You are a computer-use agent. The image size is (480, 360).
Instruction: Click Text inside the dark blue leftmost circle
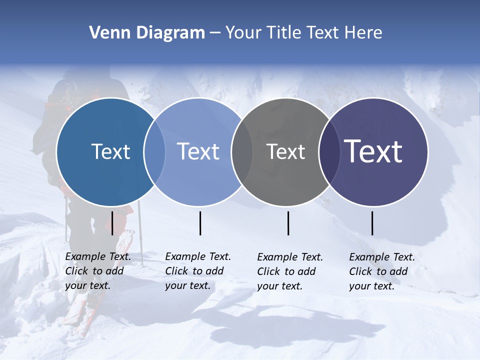[x=110, y=151]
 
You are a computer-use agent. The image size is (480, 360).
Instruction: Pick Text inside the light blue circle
[x=198, y=151]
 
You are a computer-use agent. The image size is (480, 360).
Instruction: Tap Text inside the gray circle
[x=285, y=152]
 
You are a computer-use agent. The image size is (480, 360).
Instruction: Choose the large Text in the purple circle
[x=373, y=151]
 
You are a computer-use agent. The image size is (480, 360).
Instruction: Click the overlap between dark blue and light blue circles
[x=154, y=151]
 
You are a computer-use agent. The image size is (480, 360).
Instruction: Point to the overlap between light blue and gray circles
[x=242, y=151]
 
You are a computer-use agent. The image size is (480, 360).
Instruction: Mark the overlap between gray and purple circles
[x=329, y=151]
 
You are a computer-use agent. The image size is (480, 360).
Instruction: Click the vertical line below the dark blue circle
[x=112, y=223]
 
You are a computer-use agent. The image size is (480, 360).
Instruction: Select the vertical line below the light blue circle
[x=200, y=223]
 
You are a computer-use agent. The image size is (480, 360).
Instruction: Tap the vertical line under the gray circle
[x=288, y=223]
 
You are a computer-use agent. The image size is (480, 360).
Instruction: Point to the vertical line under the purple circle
[x=372, y=223]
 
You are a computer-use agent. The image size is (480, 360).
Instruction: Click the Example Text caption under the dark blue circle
[x=97, y=271]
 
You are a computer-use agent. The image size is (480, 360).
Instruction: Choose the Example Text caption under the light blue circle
[x=197, y=271]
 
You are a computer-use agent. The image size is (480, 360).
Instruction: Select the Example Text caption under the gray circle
[x=289, y=271]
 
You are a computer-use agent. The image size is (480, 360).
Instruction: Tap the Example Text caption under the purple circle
[x=381, y=271]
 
